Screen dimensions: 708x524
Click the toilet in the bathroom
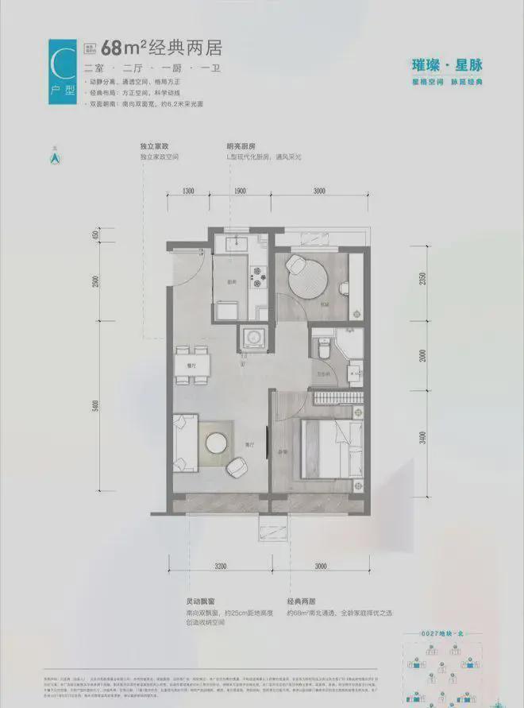(x=323, y=347)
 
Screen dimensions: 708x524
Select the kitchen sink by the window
(x=234, y=242)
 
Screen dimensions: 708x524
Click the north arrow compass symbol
(x=56, y=157)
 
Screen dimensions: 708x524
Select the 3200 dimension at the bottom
(x=220, y=566)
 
